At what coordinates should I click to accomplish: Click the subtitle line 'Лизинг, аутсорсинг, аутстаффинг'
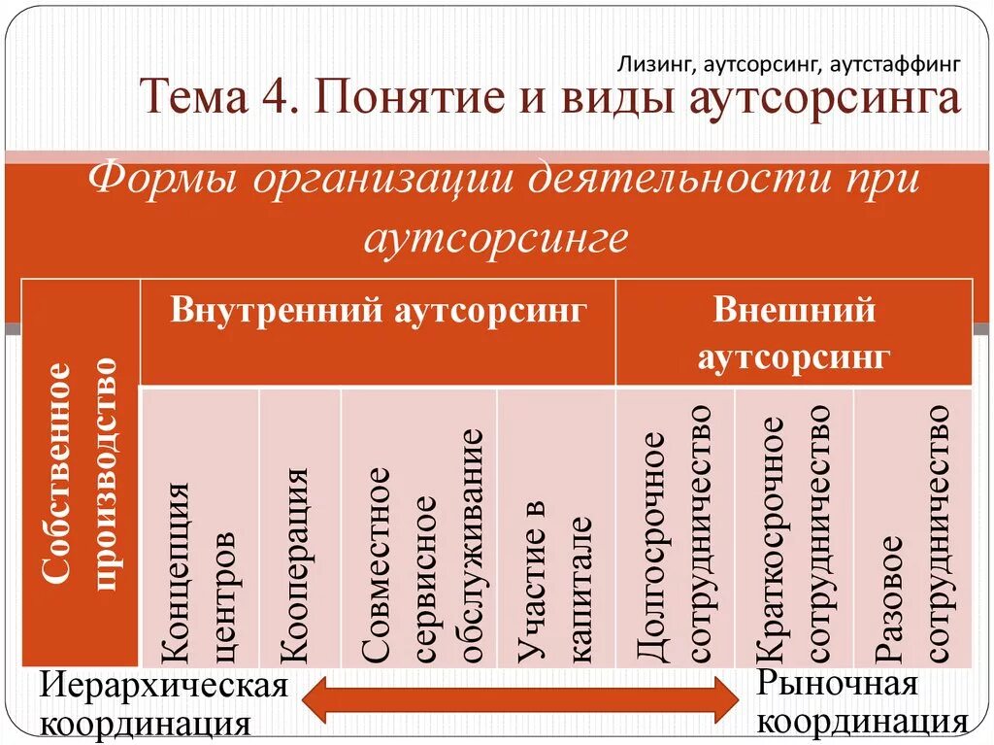point(789,65)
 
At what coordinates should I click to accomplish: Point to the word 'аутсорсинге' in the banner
point(496,236)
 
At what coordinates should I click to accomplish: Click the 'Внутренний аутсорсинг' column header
point(379,312)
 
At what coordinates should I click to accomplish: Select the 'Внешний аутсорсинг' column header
point(794,333)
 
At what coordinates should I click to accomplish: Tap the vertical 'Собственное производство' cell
point(83,473)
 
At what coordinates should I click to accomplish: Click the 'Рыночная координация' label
point(860,702)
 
